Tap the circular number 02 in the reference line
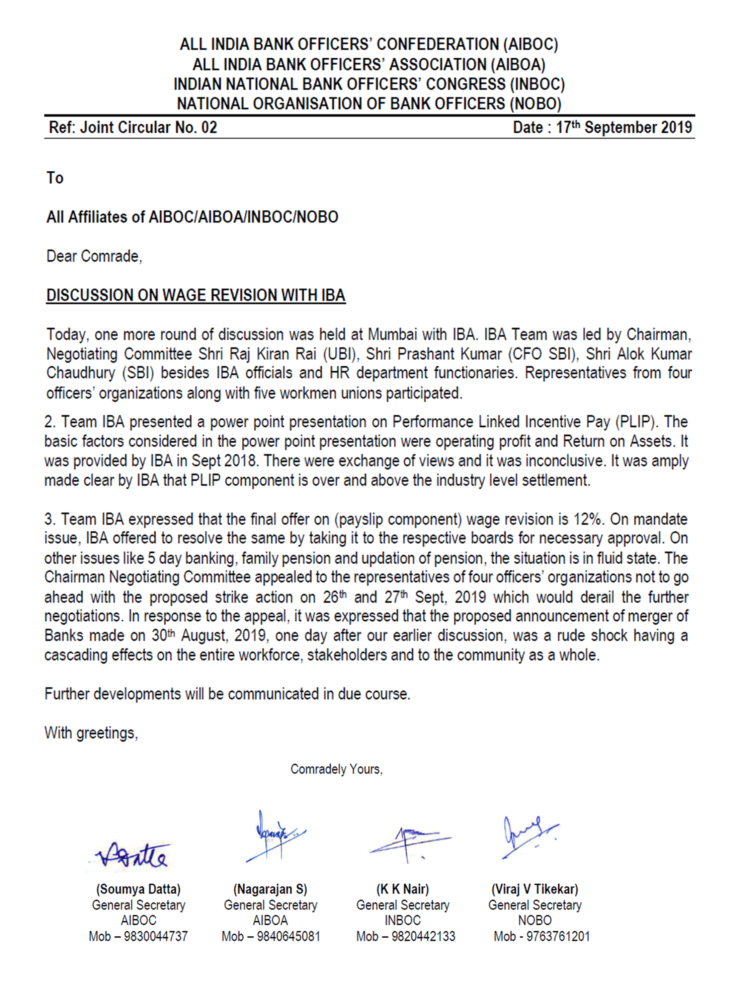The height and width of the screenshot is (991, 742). pos(209,128)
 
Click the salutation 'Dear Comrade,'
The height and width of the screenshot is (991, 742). pos(94,256)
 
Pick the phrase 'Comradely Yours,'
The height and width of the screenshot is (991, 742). pos(337,769)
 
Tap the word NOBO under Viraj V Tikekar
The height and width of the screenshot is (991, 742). pos(534,920)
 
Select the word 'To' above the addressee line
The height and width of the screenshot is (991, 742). pos(55,178)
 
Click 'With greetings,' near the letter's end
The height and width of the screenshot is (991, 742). pos(91,733)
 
